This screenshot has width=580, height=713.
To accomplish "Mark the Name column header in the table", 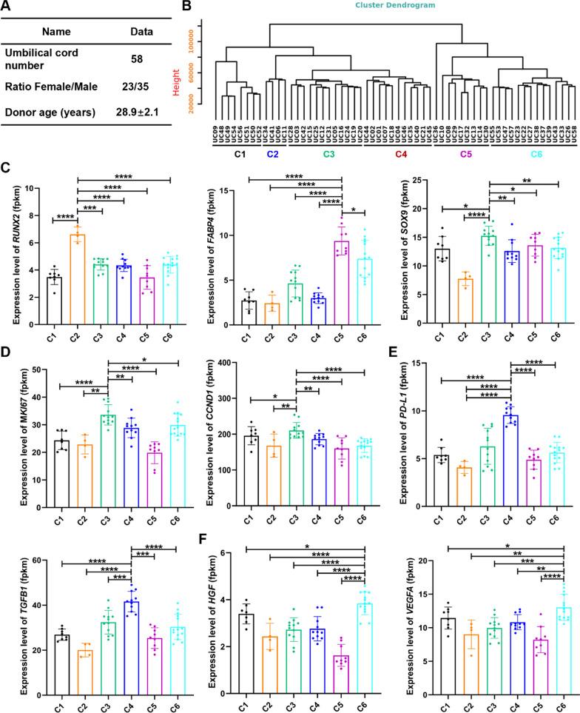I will [61, 33].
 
